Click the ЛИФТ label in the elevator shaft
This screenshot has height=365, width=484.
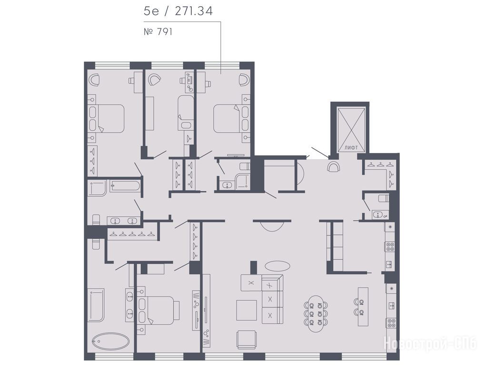click(352, 148)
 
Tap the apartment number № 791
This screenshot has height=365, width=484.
click(158, 32)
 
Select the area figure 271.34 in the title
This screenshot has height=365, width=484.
click(194, 11)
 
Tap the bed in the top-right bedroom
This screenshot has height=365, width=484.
click(231, 119)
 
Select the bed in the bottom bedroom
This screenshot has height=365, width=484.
click(158, 310)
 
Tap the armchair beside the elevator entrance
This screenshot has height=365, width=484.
click(334, 167)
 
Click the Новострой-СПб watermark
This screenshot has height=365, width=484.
click(430, 343)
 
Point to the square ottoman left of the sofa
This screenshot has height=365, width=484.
click(247, 310)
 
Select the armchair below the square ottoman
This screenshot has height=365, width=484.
click(247, 340)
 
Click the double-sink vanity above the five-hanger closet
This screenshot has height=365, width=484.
click(123, 221)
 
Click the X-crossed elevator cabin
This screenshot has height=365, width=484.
click(352, 129)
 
